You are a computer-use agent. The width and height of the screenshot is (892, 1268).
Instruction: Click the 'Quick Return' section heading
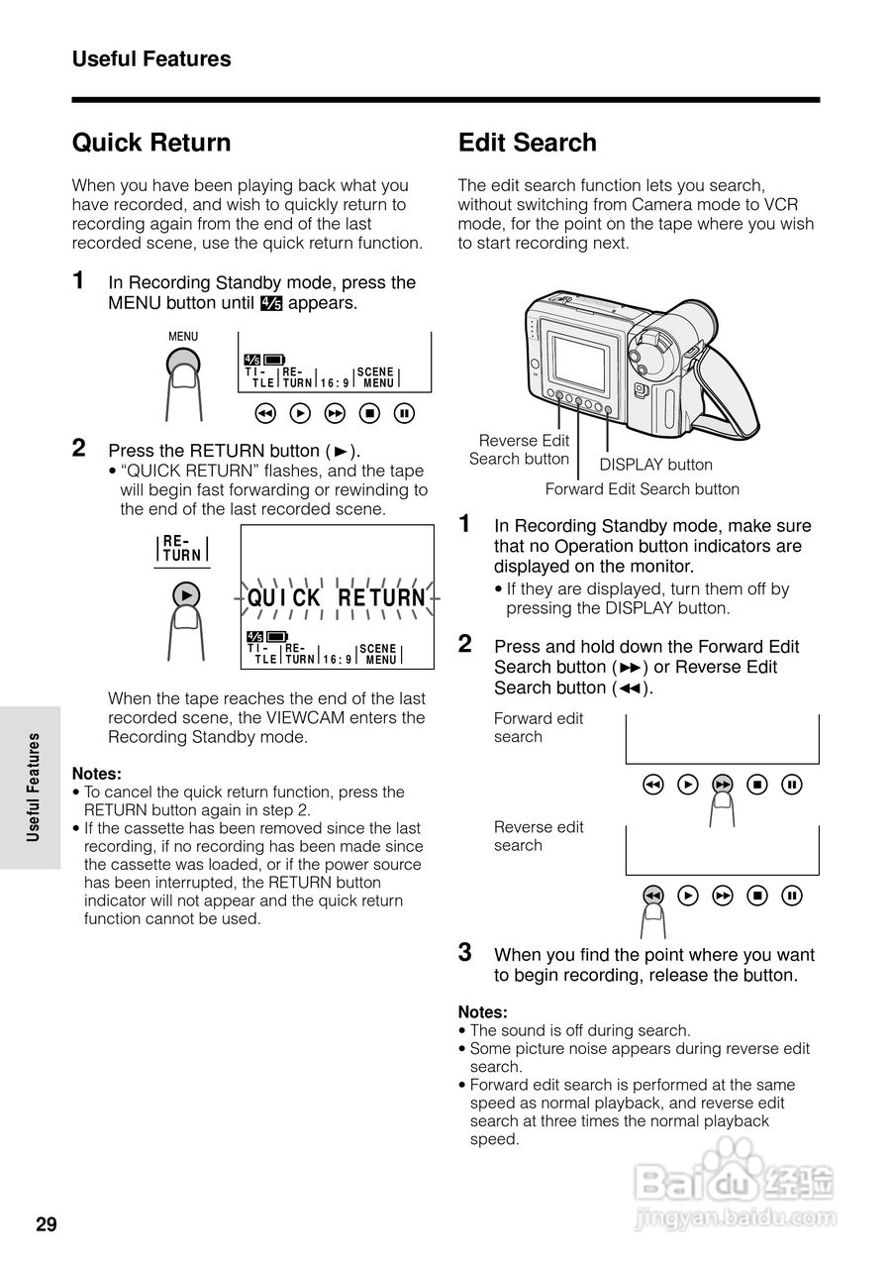coord(151,143)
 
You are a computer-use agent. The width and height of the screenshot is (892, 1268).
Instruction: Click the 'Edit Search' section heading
coord(527,143)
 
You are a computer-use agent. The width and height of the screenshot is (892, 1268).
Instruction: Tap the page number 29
coord(47,1225)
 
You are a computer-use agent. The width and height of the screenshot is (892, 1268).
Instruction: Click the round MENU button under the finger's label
coord(182,370)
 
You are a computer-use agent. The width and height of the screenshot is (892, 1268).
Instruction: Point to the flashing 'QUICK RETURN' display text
coord(336,598)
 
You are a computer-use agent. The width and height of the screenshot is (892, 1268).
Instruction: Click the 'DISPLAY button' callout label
coord(655,465)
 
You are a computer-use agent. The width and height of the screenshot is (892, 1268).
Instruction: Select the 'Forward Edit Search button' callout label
coord(642,488)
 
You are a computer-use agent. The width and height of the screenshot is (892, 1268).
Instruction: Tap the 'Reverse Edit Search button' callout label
coord(520,450)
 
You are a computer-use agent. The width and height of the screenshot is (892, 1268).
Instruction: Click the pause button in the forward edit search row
coord(792,786)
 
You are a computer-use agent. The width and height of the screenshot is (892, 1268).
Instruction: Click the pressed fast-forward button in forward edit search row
coord(723,786)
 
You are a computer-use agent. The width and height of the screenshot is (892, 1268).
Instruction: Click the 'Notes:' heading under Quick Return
coord(97,774)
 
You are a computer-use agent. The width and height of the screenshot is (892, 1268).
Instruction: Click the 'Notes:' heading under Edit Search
coord(482,1012)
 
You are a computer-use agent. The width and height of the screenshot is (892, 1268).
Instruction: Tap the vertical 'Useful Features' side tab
coord(33,787)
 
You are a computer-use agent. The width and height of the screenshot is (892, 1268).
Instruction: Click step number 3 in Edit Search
coord(464,953)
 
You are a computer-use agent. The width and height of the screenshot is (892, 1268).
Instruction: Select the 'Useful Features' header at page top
coord(151,59)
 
